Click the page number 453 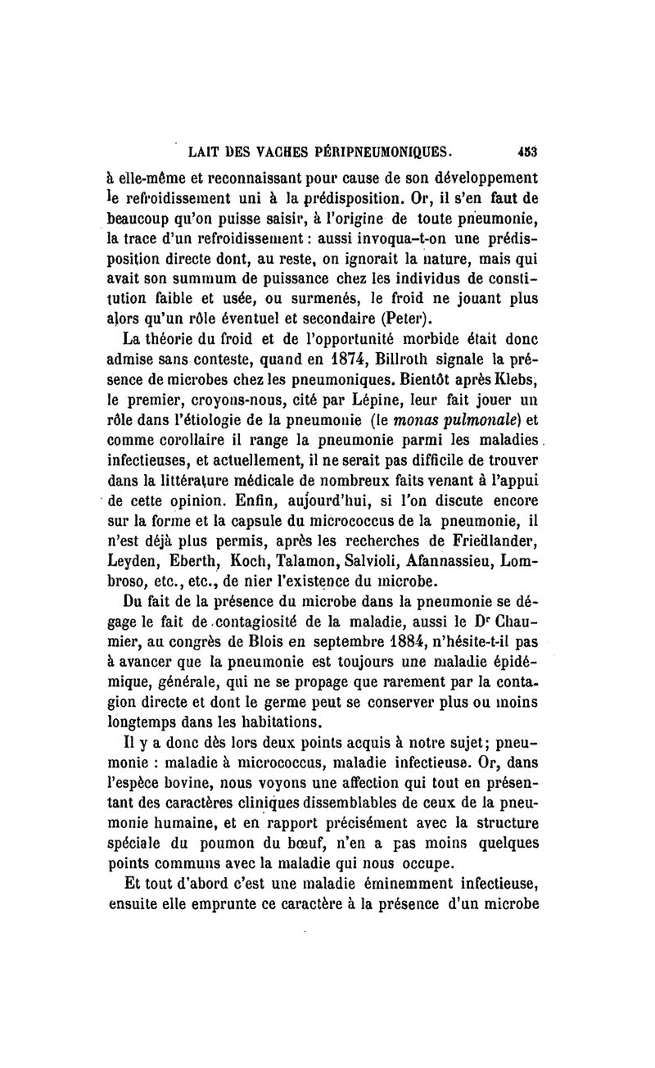coord(536,152)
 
